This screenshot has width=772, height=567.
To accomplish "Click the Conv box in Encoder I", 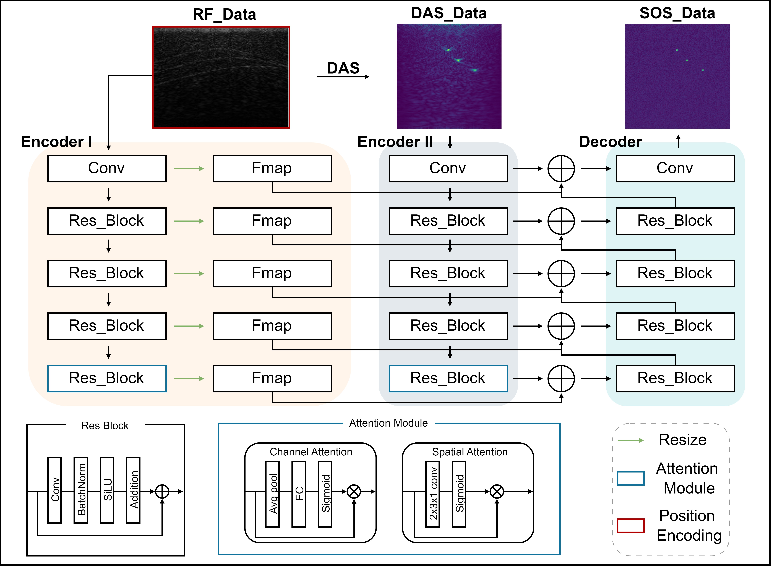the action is [107, 169].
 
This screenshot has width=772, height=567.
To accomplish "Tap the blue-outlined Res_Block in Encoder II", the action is [448, 379].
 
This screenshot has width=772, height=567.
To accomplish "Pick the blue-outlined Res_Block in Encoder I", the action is [107, 379].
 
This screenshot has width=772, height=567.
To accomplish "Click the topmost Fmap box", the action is [272, 169].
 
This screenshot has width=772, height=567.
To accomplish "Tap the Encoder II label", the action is [395, 142].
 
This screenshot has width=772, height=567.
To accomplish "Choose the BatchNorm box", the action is [81, 490].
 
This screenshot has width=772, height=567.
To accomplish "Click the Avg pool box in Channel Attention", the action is [273, 494].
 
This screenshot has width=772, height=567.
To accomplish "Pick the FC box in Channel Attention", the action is [299, 494].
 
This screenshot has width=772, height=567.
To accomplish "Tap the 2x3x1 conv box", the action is [432, 494].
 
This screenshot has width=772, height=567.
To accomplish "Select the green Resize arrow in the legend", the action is [631, 440].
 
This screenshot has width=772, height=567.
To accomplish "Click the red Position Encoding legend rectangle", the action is [631, 526].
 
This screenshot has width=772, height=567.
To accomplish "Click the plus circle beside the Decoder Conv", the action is [561, 169].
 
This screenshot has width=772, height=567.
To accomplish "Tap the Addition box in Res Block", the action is [133, 490].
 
